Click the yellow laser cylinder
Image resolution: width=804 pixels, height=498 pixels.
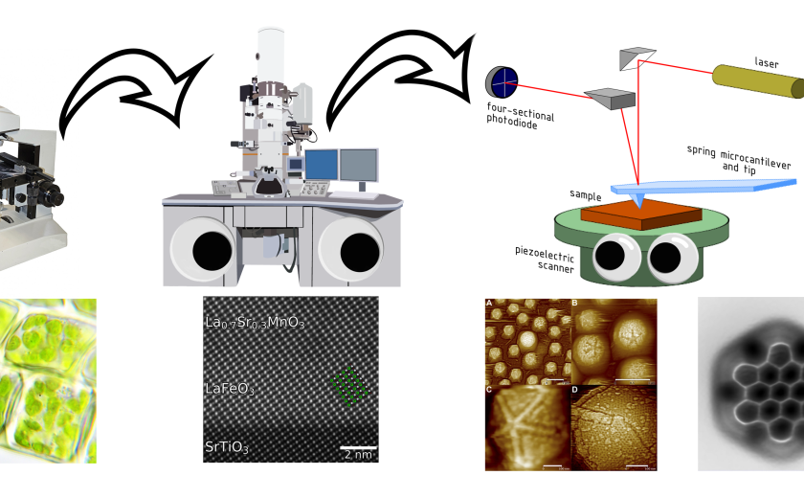[x=756, y=82]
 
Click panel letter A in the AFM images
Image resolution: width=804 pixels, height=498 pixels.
[x=490, y=304]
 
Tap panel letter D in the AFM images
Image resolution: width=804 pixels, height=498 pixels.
[x=575, y=389]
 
